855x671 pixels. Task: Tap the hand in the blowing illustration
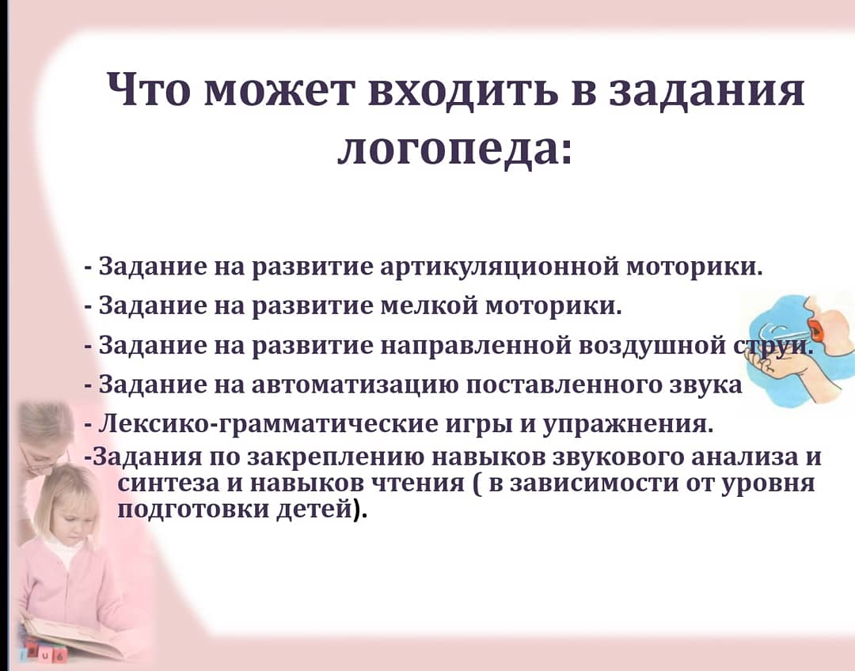click(781, 370)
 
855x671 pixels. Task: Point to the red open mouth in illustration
click(815, 328)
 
